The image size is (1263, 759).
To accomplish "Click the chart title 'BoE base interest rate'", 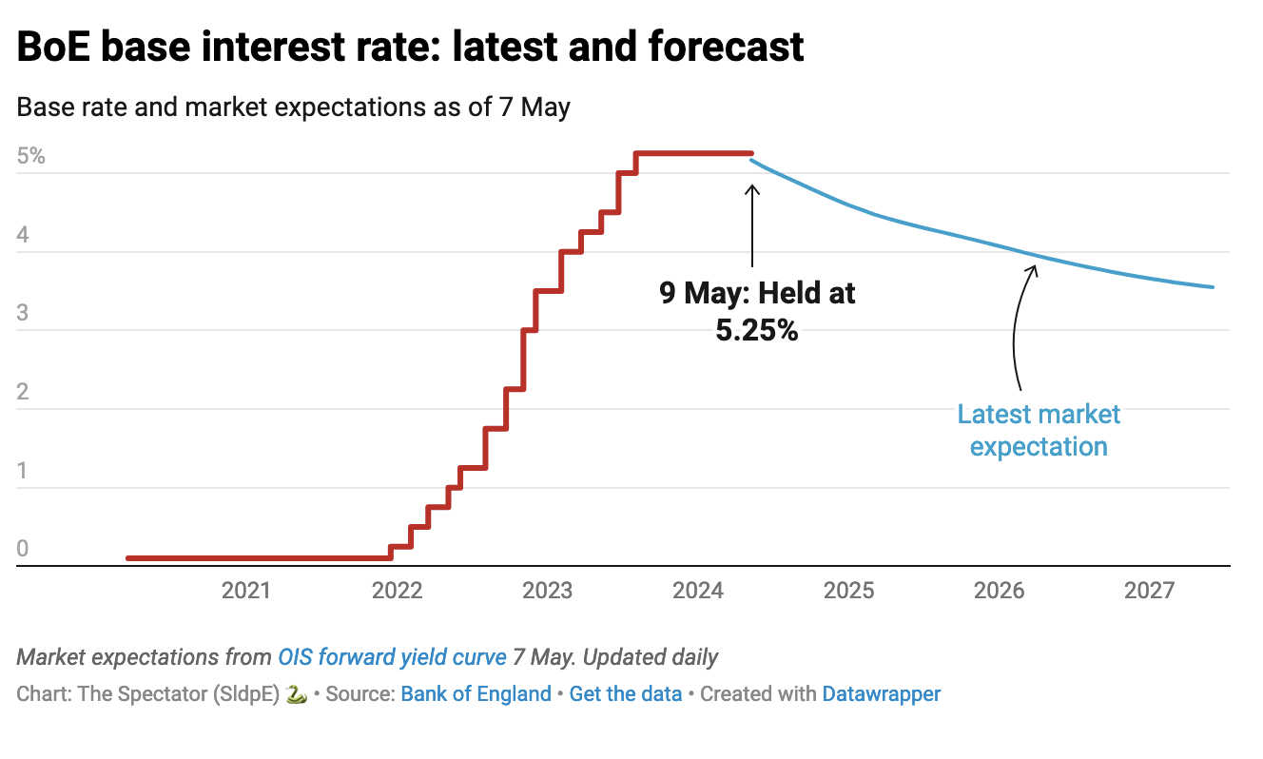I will (x=410, y=47).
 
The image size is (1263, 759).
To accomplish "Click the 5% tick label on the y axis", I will (x=31, y=156).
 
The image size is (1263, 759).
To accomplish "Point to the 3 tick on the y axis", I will (x=24, y=314).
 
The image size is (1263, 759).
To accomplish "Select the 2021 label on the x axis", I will (x=245, y=592).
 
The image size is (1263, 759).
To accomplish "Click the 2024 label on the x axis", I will (x=698, y=592).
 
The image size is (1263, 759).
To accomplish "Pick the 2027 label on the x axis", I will (x=1150, y=592).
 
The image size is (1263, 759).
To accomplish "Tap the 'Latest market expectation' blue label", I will (x=1039, y=430).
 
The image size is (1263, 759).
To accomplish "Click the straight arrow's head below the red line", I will (x=752, y=188).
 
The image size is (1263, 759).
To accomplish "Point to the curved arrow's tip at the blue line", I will (x=1036, y=267).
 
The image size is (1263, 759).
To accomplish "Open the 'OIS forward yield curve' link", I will (x=392, y=657).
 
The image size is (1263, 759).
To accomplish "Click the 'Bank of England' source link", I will (x=476, y=693).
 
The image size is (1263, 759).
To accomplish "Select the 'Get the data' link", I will (x=625, y=693).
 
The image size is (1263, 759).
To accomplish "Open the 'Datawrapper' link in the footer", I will (x=881, y=693).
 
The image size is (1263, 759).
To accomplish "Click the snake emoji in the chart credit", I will (x=296, y=693).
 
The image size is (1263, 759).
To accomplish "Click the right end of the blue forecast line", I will (x=1213, y=287).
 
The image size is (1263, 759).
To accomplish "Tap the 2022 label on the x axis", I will (x=397, y=592).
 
